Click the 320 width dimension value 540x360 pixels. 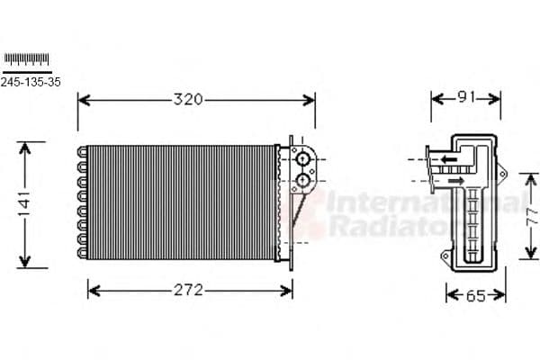point(188,99)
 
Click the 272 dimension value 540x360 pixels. point(189,290)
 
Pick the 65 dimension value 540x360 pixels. point(475,295)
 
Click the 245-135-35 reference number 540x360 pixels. point(31,82)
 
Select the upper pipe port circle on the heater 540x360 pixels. point(303,161)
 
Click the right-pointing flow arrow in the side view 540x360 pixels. point(456,181)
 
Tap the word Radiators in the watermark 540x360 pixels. point(378,228)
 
